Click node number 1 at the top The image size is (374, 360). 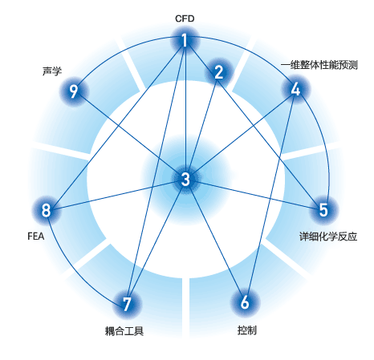(x=185, y=41)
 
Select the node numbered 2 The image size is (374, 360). (x=219, y=72)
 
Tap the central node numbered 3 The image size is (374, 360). (x=185, y=179)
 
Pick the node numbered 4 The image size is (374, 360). (x=295, y=89)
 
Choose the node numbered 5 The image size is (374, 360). (x=323, y=210)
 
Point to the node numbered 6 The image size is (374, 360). (x=245, y=302)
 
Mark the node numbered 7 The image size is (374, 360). (x=127, y=304)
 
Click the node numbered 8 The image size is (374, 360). (x=46, y=210)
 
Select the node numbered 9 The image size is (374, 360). (x=74, y=91)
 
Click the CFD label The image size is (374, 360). (x=185, y=18)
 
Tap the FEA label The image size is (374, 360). (x=36, y=237)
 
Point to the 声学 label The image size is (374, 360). (x=52, y=71)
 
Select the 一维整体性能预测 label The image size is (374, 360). (x=319, y=65)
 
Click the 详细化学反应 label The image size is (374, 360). (x=328, y=237)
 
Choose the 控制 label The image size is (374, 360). (x=247, y=330)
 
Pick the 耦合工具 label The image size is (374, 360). (x=124, y=331)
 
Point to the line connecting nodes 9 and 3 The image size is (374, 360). (x=129, y=136)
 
